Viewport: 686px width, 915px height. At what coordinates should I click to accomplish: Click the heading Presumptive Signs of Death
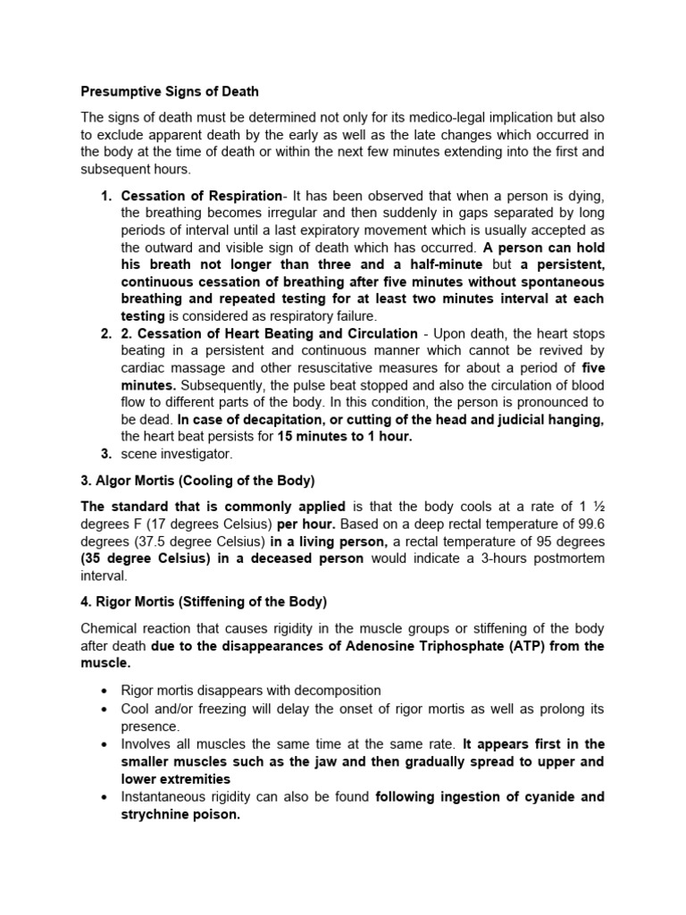tap(170, 91)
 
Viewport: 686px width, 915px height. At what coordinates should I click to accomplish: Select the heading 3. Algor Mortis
tap(197, 481)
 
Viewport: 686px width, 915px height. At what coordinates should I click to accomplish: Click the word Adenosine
tap(381, 645)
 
